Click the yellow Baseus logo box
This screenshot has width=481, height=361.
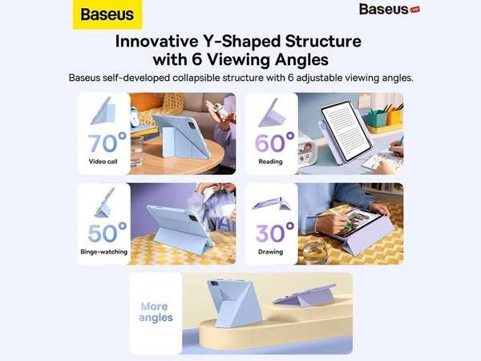pyautogui.click(x=107, y=14)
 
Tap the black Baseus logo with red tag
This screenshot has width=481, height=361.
pyautogui.click(x=390, y=9)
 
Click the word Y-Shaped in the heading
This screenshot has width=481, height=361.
pyautogui.click(x=242, y=41)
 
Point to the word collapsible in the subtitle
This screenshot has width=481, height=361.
pyautogui.click(x=196, y=78)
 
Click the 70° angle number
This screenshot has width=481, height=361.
pyautogui.click(x=107, y=143)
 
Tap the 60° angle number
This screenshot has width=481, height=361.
pyautogui.click(x=274, y=143)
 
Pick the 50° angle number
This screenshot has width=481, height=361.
pyautogui.click(x=107, y=233)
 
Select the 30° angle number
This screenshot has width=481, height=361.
pyautogui.click(x=274, y=233)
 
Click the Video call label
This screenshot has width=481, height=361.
pyautogui.click(x=103, y=161)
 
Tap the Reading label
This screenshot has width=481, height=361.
pyautogui.click(x=270, y=161)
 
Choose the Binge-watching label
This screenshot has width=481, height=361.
pyautogui.click(x=104, y=252)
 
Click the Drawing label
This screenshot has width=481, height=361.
pyautogui.click(x=270, y=252)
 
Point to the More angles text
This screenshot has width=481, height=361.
pyautogui.click(x=156, y=312)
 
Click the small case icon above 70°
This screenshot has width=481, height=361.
pyautogui.click(x=103, y=112)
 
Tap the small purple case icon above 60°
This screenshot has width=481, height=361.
pyautogui.click(x=272, y=113)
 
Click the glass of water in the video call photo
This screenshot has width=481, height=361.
pyautogui.click(x=136, y=152)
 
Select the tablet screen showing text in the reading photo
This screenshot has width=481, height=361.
pyautogui.click(x=346, y=131)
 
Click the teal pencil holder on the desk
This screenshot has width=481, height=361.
pyautogui.click(x=377, y=118)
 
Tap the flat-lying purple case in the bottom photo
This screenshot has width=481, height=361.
pyautogui.click(x=305, y=295)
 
